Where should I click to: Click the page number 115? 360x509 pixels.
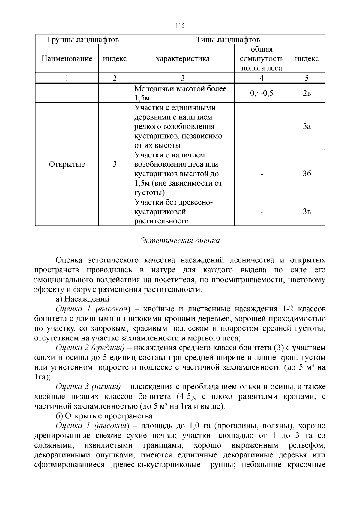coord(180,26)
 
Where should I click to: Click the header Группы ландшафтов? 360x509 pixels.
coord(83,40)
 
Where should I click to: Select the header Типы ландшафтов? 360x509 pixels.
coord(228,40)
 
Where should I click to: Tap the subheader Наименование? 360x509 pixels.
coord(67,58)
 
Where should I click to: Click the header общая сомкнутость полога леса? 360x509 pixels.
coord(262,58)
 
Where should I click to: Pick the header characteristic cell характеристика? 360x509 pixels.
coord(182,58)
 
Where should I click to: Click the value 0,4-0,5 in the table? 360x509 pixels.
coord(262,93)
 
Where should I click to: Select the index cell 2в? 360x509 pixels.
coord(307,93)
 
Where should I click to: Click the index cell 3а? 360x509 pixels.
coord(307,126)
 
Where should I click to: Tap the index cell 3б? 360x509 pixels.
coord(307,174)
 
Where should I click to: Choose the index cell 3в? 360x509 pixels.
coord(307,211)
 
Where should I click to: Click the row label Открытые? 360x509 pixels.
coord(67,164)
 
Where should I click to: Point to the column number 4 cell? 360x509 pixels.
coord(262,78)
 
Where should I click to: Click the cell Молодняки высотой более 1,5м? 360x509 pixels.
coord(180,93)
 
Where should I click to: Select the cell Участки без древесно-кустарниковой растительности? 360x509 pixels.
coord(173,211)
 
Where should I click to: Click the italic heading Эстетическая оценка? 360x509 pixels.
coord(180,241)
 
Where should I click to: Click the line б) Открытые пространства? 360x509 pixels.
coord(104,416)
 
